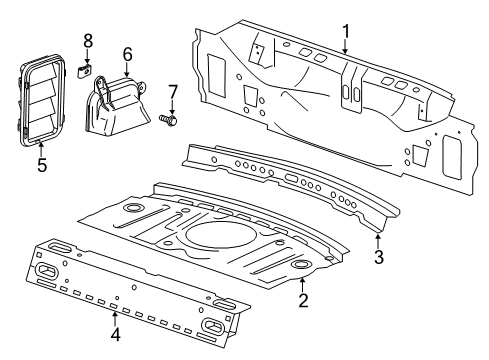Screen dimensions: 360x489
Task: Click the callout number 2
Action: (x=302, y=299)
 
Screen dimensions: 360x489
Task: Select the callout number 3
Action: (x=378, y=257)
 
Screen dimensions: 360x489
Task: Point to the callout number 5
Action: (x=42, y=163)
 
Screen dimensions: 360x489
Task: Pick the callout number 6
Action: (x=128, y=54)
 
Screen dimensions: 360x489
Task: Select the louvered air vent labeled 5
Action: (x=40, y=100)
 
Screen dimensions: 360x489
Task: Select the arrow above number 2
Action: (x=302, y=281)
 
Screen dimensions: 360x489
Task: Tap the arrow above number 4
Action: (x=116, y=316)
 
